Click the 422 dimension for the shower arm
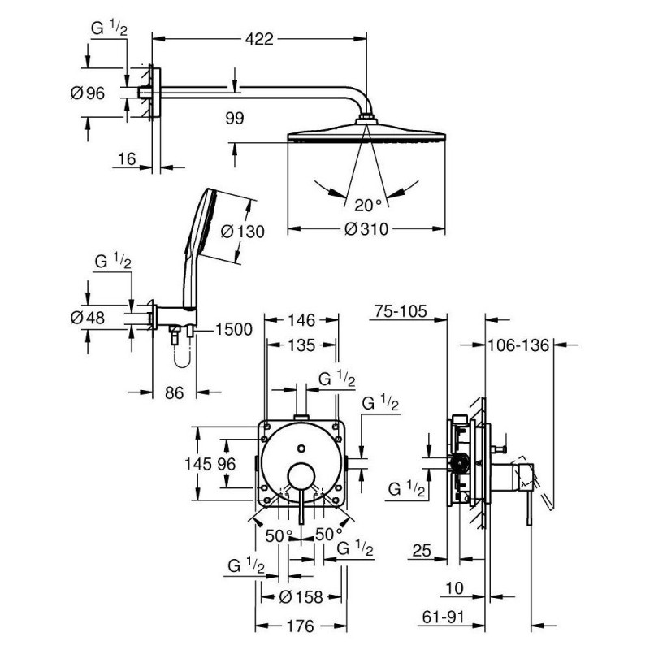coord(259,39)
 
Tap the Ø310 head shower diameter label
coord(366,228)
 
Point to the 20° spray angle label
coord(368,205)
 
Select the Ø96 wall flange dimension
coord(88,93)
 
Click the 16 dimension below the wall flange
coord(127,158)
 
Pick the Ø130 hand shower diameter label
coord(242,231)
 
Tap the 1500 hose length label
coord(234,330)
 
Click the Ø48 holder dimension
coord(88,318)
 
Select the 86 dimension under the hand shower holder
coord(174,392)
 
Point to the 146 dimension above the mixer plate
coord(301,320)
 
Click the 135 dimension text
coord(301,344)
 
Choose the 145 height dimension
coord(198,464)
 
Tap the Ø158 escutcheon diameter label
coord(301,597)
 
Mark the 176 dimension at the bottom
coord(301,626)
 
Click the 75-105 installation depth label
coord(401,311)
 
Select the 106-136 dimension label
coord(518,344)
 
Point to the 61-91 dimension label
coord(443,617)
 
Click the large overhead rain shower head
coord(366,132)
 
